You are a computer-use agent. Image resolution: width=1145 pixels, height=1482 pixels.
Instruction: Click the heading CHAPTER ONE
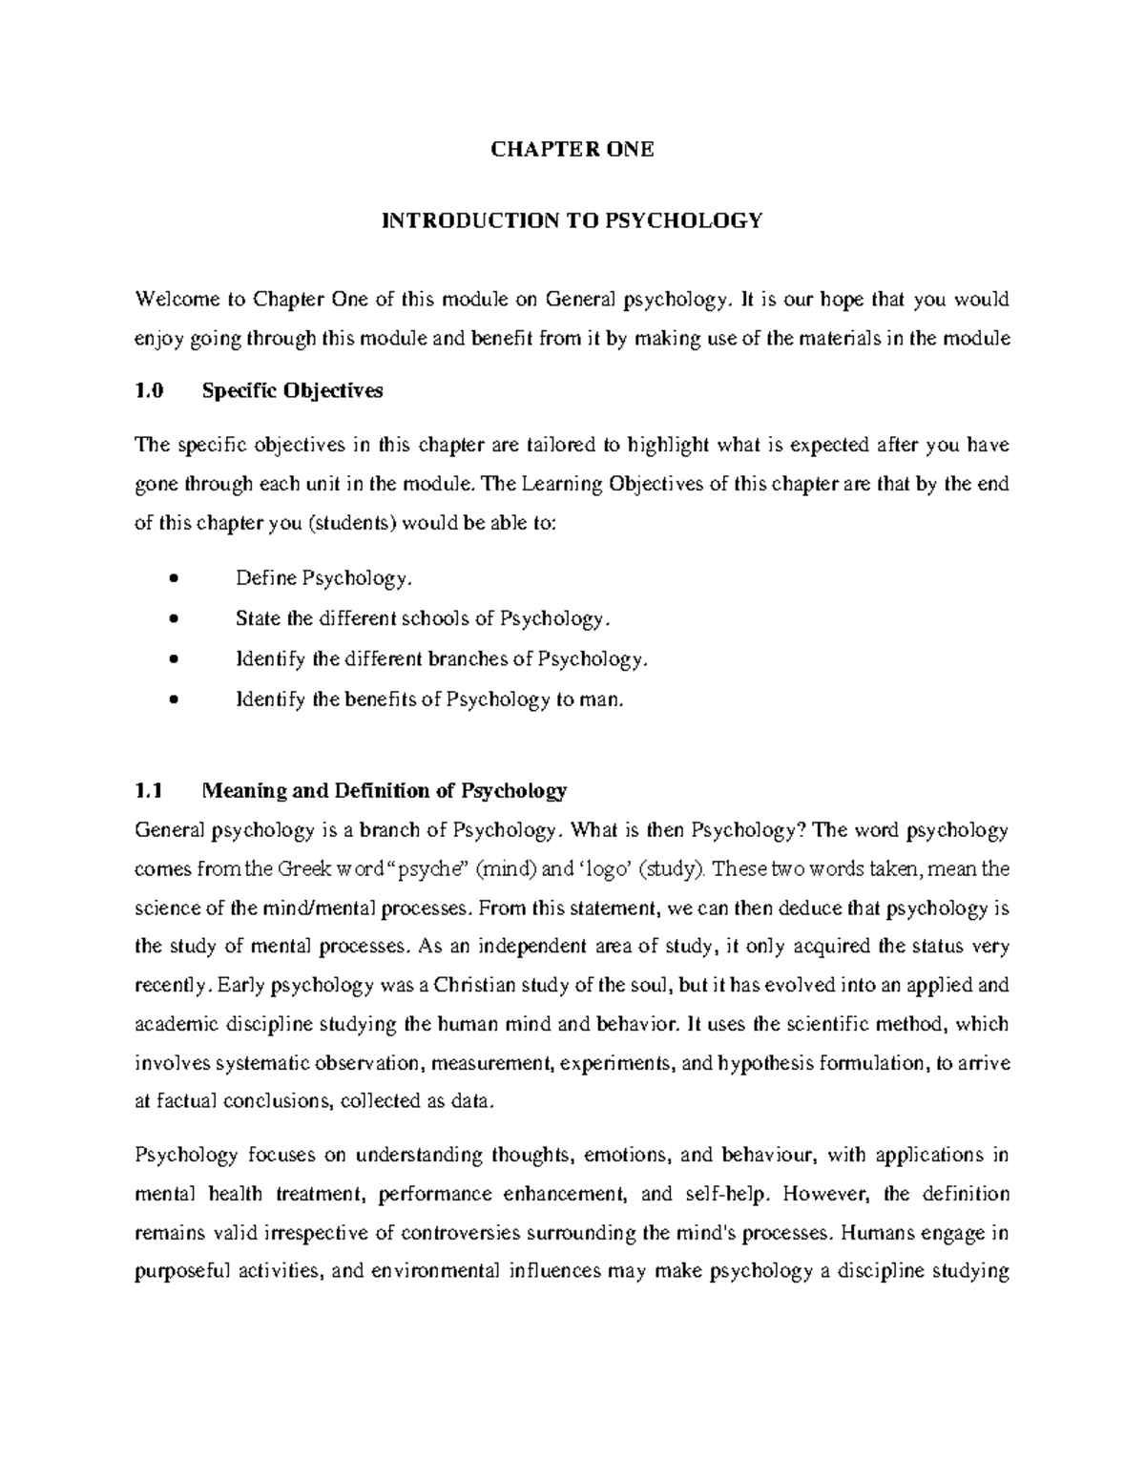click(x=572, y=149)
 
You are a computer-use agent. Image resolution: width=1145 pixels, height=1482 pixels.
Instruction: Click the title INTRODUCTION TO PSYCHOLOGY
click(x=572, y=221)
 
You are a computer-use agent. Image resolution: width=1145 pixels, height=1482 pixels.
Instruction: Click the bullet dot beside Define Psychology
click(x=173, y=579)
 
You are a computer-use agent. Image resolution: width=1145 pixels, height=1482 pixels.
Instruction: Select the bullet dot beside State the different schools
click(x=173, y=619)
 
